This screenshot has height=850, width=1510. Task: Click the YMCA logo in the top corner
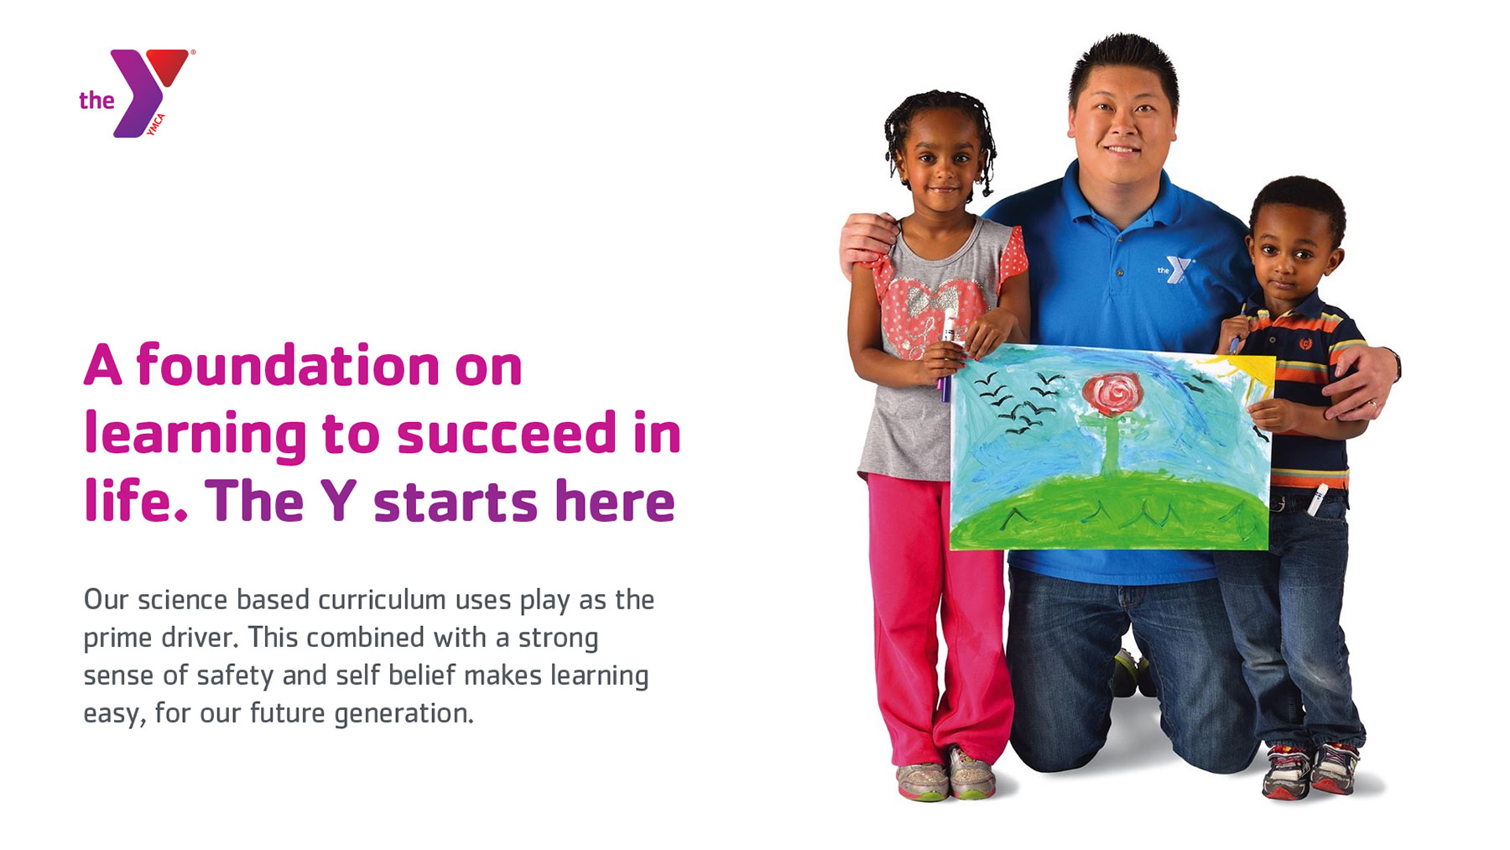(137, 93)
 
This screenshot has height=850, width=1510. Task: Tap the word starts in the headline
(456, 501)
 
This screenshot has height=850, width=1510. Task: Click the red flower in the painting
(1112, 393)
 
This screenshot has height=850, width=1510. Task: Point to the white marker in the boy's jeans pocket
(1316, 499)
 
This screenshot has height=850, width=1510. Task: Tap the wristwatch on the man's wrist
(1394, 364)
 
